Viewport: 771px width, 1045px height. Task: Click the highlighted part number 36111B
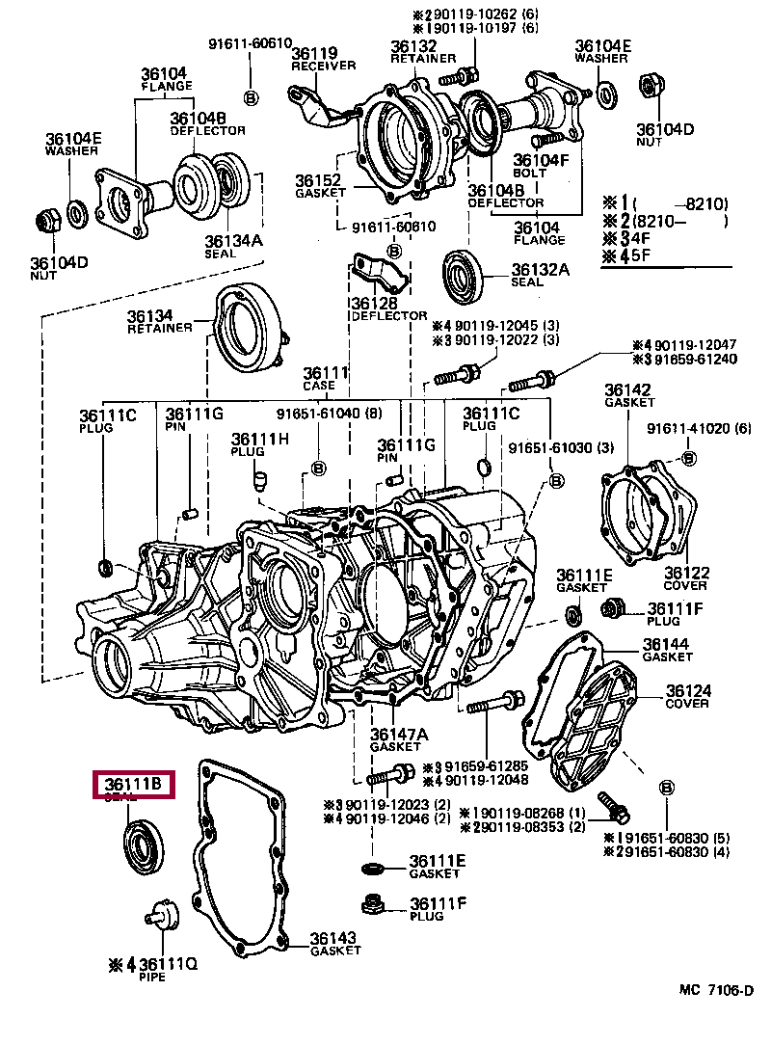133,784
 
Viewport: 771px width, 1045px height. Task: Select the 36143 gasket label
335,944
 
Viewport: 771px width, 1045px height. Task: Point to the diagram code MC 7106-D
716,990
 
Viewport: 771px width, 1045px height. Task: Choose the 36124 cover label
688,696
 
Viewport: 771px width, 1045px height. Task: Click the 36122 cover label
686,577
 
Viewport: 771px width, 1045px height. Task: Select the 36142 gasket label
628,395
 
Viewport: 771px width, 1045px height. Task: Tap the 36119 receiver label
323,58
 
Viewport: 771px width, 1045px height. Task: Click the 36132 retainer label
423,51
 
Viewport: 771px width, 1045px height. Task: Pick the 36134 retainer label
159,321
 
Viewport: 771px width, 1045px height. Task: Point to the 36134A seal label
233,246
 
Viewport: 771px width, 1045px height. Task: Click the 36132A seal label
541,275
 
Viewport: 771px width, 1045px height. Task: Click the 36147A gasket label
399,739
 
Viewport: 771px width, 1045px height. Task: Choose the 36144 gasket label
667,650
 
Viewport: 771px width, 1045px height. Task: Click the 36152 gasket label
321,186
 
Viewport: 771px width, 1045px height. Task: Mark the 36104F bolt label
541,165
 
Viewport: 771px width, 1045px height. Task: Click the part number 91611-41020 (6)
699,429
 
